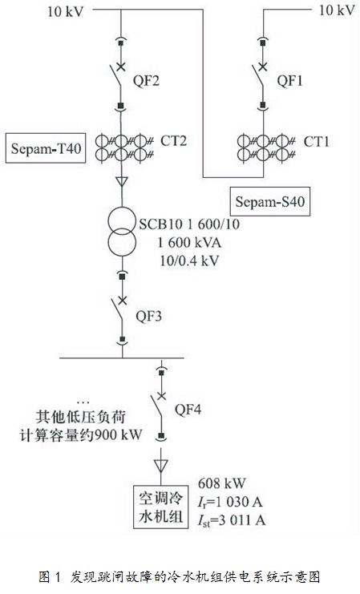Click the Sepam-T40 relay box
(46, 147)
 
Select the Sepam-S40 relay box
(270, 201)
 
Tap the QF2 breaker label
(146, 81)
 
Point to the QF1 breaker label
(290, 81)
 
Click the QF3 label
(148, 316)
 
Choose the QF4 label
(188, 409)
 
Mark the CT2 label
(174, 141)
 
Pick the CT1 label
(317, 142)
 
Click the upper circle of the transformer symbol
(122, 208)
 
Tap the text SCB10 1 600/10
(189, 224)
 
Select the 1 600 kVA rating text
(189, 242)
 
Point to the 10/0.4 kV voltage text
(189, 261)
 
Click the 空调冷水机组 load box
(160, 507)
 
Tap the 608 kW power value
(221, 483)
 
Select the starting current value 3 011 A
(241, 520)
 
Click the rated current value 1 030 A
(239, 502)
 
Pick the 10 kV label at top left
(65, 11)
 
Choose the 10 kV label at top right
(337, 10)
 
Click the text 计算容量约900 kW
(81, 435)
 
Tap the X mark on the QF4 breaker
(161, 396)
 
